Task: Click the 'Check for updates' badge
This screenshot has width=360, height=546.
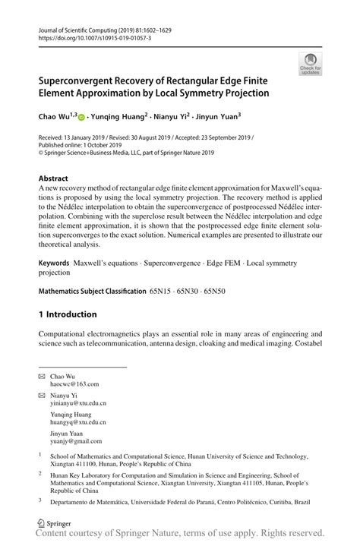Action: [x=311, y=64]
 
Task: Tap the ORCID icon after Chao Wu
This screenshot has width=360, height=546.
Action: [x=81, y=118]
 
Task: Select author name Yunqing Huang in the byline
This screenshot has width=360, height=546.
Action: [x=119, y=118]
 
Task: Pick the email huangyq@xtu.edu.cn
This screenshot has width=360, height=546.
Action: [x=77, y=422]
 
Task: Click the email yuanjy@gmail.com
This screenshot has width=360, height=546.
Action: [x=76, y=440]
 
